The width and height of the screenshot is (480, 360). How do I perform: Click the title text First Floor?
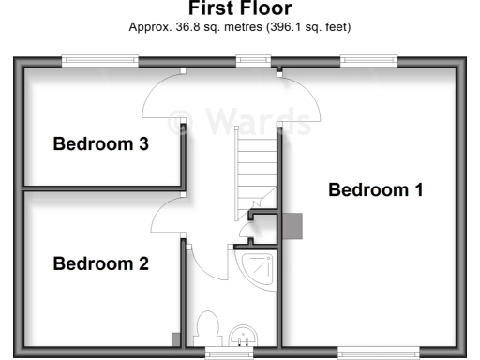pyautogui.click(x=240, y=9)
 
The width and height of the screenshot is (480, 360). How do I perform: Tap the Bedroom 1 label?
pyautogui.click(x=375, y=190)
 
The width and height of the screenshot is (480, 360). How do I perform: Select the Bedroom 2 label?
pyautogui.click(x=100, y=263)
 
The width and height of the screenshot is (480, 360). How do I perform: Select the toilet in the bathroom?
pyautogui.click(x=207, y=330)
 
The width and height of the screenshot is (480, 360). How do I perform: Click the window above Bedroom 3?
pyautogui.click(x=100, y=61)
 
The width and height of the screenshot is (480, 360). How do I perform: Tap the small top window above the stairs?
pyautogui.click(x=253, y=61)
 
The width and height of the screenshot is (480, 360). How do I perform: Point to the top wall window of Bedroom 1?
pyautogui.click(x=368, y=61)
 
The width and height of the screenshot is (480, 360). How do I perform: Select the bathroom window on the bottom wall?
pyautogui.click(x=229, y=352)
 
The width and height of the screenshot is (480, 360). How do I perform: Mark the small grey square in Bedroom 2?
pyautogui.click(x=174, y=338)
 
